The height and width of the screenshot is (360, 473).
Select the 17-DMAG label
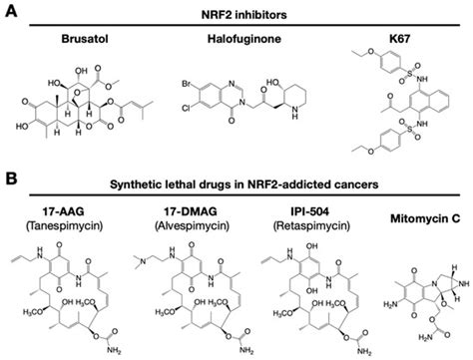186,210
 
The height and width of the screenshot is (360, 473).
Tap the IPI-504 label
303,210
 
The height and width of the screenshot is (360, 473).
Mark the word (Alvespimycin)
186,225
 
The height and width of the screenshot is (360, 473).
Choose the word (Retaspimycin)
303,225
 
